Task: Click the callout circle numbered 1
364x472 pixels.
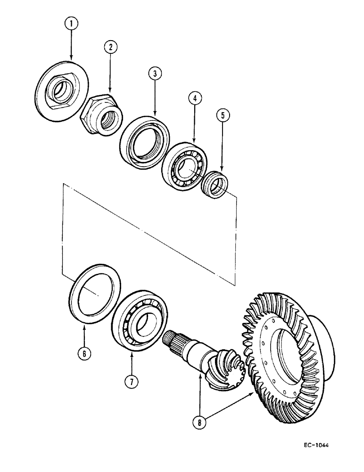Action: click(71, 22)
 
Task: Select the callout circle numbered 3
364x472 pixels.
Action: click(154, 74)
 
